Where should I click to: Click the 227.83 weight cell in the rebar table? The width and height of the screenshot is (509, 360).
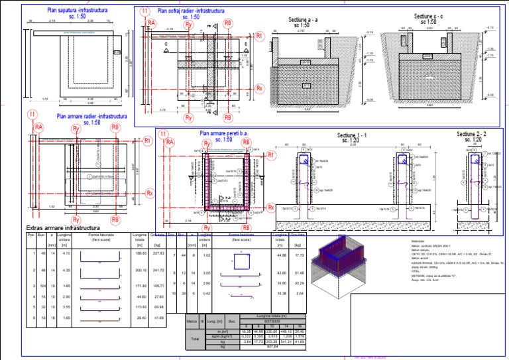pos(158,253)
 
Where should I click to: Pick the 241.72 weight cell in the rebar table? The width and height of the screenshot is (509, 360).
pos(158,270)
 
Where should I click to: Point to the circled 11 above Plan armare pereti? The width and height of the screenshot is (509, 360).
pos(164,135)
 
